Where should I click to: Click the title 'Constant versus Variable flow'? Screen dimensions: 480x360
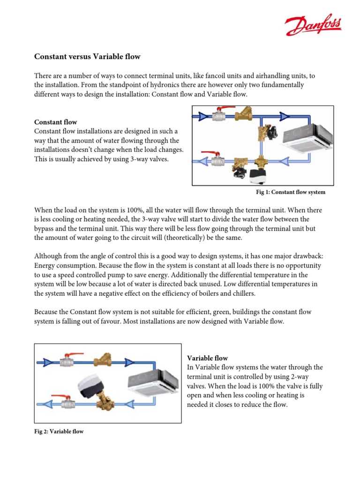click(x=87, y=57)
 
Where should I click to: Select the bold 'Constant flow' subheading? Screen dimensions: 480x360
click(x=56, y=122)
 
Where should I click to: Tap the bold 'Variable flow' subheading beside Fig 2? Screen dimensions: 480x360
click(x=207, y=358)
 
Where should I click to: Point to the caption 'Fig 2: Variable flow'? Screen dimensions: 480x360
click(x=59, y=431)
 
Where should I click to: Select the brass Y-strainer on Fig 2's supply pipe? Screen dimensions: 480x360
click(x=102, y=361)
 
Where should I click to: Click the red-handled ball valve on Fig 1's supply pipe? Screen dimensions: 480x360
click(x=218, y=115)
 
